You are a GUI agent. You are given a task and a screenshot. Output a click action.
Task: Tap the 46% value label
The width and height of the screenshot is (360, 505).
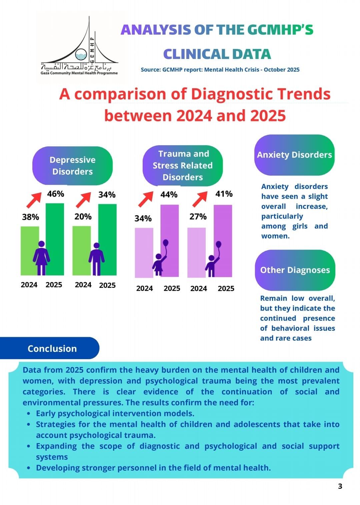[x=55, y=194]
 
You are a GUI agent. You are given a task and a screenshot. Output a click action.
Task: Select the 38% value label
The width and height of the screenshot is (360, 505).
[x=30, y=217]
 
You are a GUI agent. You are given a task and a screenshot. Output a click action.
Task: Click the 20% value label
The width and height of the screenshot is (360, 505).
[x=83, y=217]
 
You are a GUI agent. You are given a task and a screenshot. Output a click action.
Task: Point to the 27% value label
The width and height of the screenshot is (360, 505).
[x=198, y=217]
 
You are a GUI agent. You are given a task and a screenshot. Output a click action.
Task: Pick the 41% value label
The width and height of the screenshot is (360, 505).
[x=224, y=194]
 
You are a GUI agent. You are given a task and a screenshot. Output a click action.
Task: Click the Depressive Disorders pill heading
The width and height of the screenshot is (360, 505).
[x=72, y=166]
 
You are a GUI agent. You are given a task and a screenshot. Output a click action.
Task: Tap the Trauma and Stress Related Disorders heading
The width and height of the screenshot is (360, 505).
[x=183, y=166]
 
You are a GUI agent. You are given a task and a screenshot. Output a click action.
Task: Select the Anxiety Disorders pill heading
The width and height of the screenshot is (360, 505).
[x=294, y=155]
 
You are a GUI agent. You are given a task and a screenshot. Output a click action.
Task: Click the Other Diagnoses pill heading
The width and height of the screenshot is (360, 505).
[x=295, y=270]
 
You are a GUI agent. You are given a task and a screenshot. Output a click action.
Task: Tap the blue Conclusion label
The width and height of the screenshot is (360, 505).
[x=52, y=348]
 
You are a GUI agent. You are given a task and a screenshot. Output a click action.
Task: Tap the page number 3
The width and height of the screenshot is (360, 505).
[x=340, y=486]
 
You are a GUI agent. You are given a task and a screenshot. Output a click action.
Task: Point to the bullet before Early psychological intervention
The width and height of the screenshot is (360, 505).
[x=29, y=414]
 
